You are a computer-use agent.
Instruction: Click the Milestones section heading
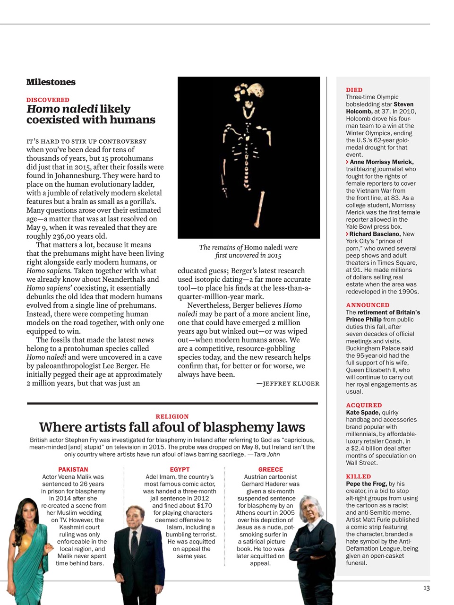pyautogui.click(x=51, y=82)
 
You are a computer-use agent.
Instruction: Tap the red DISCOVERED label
pyautogui.click(x=48, y=100)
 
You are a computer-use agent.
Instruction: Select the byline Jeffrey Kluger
pyautogui.click(x=288, y=383)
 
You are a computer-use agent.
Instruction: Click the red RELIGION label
pyautogui.click(x=172, y=416)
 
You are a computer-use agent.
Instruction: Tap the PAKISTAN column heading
pyautogui.click(x=73, y=469)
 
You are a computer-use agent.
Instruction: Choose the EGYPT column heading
pyautogui.click(x=180, y=469)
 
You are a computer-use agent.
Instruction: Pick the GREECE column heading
pyautogui.click(x=271, y=469)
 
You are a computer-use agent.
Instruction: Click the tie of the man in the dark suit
pyautogui.click(x=134, y=548)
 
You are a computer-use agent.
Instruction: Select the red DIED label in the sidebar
pyautogui.click(x=354, y=90)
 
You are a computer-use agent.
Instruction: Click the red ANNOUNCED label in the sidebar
pyautogui.click(x=368, y=305)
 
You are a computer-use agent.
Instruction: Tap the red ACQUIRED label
pyautogui.click(x=364, y=405)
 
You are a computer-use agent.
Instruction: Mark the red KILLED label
pyautogui.click(x=358, y=476)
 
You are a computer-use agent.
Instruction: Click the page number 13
pyautogui.click(x=426, y=588)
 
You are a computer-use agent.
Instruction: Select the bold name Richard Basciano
pyautogui.click(x=375, y=234)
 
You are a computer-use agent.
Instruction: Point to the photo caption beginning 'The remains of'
pyautogui.click(x=248, y=251)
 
